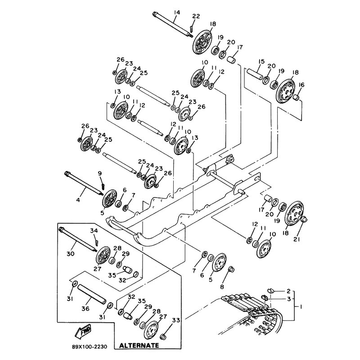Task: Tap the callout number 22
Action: tap(195, 17)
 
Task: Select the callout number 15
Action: tap(261, 62)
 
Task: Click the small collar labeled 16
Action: tap(297, 98)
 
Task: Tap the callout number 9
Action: tap(100, 174)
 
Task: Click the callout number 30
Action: tap(70, 254)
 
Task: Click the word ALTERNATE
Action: tap(139, 346)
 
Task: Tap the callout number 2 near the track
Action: tap(288, 292)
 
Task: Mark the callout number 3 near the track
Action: tap(288, 299)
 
